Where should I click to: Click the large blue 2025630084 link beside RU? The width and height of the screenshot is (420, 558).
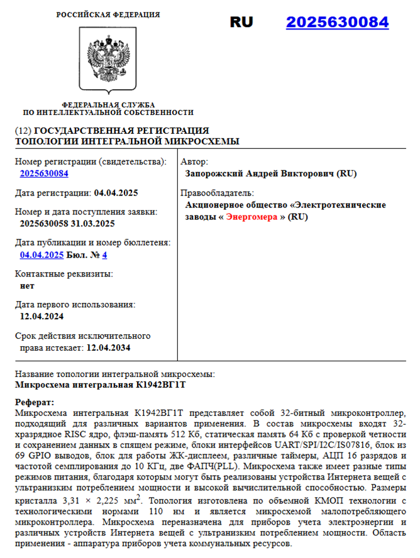tap(337, 23)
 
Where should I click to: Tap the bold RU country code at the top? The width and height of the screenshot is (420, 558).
tap(241, 23)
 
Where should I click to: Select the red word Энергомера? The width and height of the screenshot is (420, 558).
tap(251, 217)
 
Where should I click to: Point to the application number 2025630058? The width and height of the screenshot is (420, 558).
tap(48, 224)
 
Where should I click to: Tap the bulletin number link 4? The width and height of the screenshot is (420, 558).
tap(104, 254)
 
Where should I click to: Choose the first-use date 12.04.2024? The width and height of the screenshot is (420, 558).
tap(41, 316)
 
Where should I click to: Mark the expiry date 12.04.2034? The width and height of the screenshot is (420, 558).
tap(108, 347)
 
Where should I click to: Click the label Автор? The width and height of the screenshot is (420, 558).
tap(194, 161)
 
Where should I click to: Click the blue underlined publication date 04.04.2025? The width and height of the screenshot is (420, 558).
tap(41, 254)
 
